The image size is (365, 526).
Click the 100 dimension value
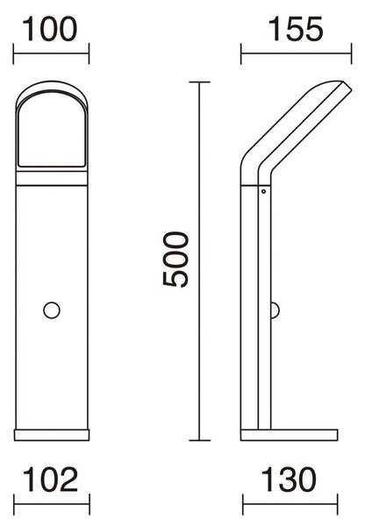(x=50, y=29)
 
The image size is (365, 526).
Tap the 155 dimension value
(x=296, y=29)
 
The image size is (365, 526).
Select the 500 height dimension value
(x=175, y=259)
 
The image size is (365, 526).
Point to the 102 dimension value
(x=50, y=479)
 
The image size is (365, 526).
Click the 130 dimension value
(x=289, y=479)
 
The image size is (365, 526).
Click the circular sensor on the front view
(x=52, y=310)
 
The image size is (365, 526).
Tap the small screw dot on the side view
(x=263, y=191)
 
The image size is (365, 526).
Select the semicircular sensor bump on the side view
(x=275, y=310)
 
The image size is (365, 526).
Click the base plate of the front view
(x=52, y=435)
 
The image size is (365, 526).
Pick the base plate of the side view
(x=290, y=435)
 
